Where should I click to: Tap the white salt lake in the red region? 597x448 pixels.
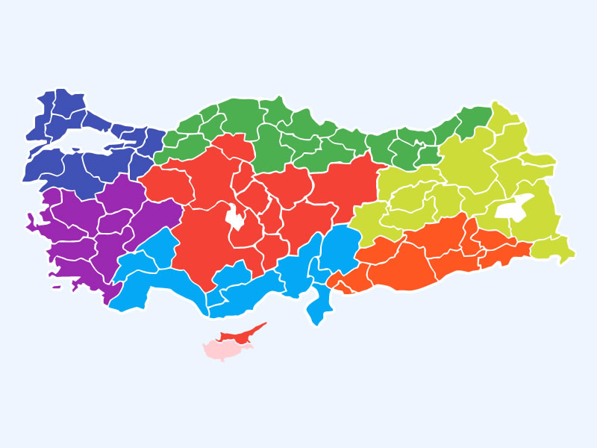pyautogui.click(x=236, y=217)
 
